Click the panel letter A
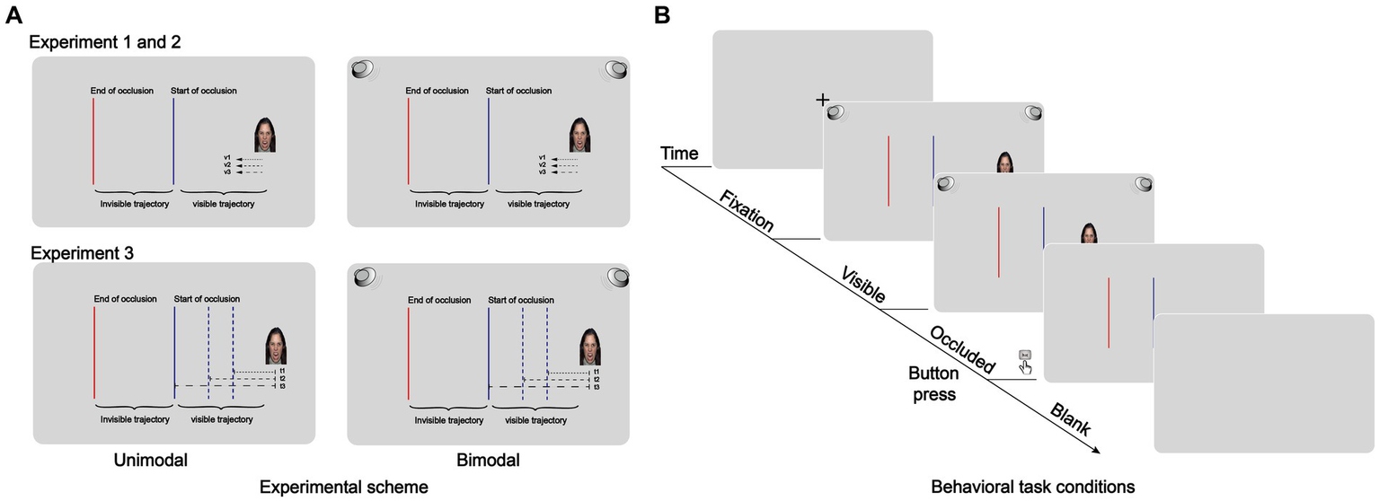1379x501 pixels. [13, 15]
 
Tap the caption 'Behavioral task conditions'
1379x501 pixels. [1033, 487]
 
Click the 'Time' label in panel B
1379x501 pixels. [679, 154]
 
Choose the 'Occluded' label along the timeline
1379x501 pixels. [962, 349]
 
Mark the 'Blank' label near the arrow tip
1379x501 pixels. [1069, 417]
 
